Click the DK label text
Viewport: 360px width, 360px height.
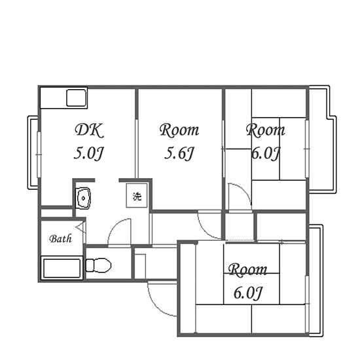(89, 131)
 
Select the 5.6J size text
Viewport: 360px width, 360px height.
(179, 153)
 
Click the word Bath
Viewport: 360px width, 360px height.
(61, 239)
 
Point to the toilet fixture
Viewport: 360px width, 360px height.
(98, 265)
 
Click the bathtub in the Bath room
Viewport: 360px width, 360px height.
(62, 268)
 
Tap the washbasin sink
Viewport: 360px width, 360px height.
(83, 198)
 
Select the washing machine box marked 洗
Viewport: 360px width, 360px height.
(137, 196)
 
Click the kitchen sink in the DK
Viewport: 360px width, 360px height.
(77, 98)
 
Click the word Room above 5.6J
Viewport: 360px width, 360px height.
(179, 130)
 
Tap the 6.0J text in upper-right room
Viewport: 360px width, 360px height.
(266, 153)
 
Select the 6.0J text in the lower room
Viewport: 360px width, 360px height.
(247, 293)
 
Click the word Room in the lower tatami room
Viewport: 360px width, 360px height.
(247, 270)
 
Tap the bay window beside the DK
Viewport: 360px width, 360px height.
(33, 153)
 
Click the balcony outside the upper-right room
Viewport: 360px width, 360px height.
(322, 138)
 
